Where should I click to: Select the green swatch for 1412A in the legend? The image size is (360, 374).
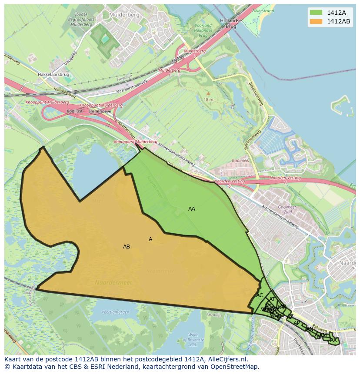coord(316,13)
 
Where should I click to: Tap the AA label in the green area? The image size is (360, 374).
coord(191,209)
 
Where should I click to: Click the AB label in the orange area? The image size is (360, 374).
coord(126,247)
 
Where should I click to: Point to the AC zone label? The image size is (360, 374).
coord(260,295)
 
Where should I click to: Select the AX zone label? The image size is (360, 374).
coord(333,340)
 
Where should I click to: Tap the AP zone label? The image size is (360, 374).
coord(297,323)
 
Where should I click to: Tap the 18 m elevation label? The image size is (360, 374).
coord(208,99)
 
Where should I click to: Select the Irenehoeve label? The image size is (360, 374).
coord(100,111)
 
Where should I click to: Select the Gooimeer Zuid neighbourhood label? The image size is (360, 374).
coord(287,210)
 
